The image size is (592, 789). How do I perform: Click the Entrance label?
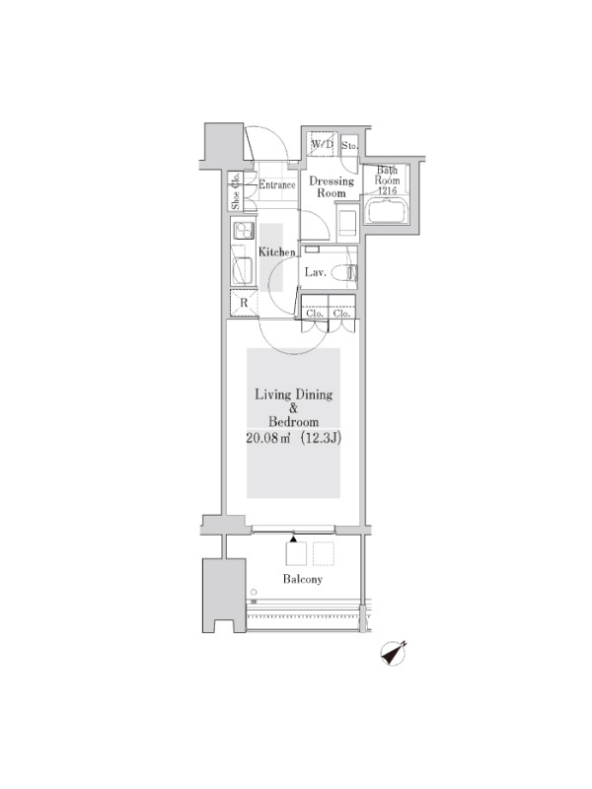(x=277, y=184)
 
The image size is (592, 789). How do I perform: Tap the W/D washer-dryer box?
(x=323, y=145)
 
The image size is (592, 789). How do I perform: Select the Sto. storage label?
(x=349, y=146)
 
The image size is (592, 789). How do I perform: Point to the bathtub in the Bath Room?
(x=387, y=212)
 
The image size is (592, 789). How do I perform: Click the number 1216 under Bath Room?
(x=387, y=190)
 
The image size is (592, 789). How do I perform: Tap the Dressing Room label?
(x=332, y=186)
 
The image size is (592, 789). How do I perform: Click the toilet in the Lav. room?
(x=351, y=273)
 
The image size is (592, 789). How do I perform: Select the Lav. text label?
(x=316, y=273)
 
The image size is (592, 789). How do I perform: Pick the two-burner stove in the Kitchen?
(x=243, y=231)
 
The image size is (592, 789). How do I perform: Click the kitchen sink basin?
(x=244, y=270)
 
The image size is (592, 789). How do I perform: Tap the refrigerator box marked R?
(x=244, y=303)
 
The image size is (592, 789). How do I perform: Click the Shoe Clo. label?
(x=235, y=191)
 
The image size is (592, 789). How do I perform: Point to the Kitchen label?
(x=277, y=251)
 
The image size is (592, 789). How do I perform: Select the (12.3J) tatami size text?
(x=321, y=438)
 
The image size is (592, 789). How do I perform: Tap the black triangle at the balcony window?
(x=293, y=538)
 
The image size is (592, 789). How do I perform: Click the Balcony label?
(x=303, y=579)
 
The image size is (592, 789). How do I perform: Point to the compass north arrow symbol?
(x=394, y=654)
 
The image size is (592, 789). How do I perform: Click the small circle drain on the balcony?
(x=254, y=593)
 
